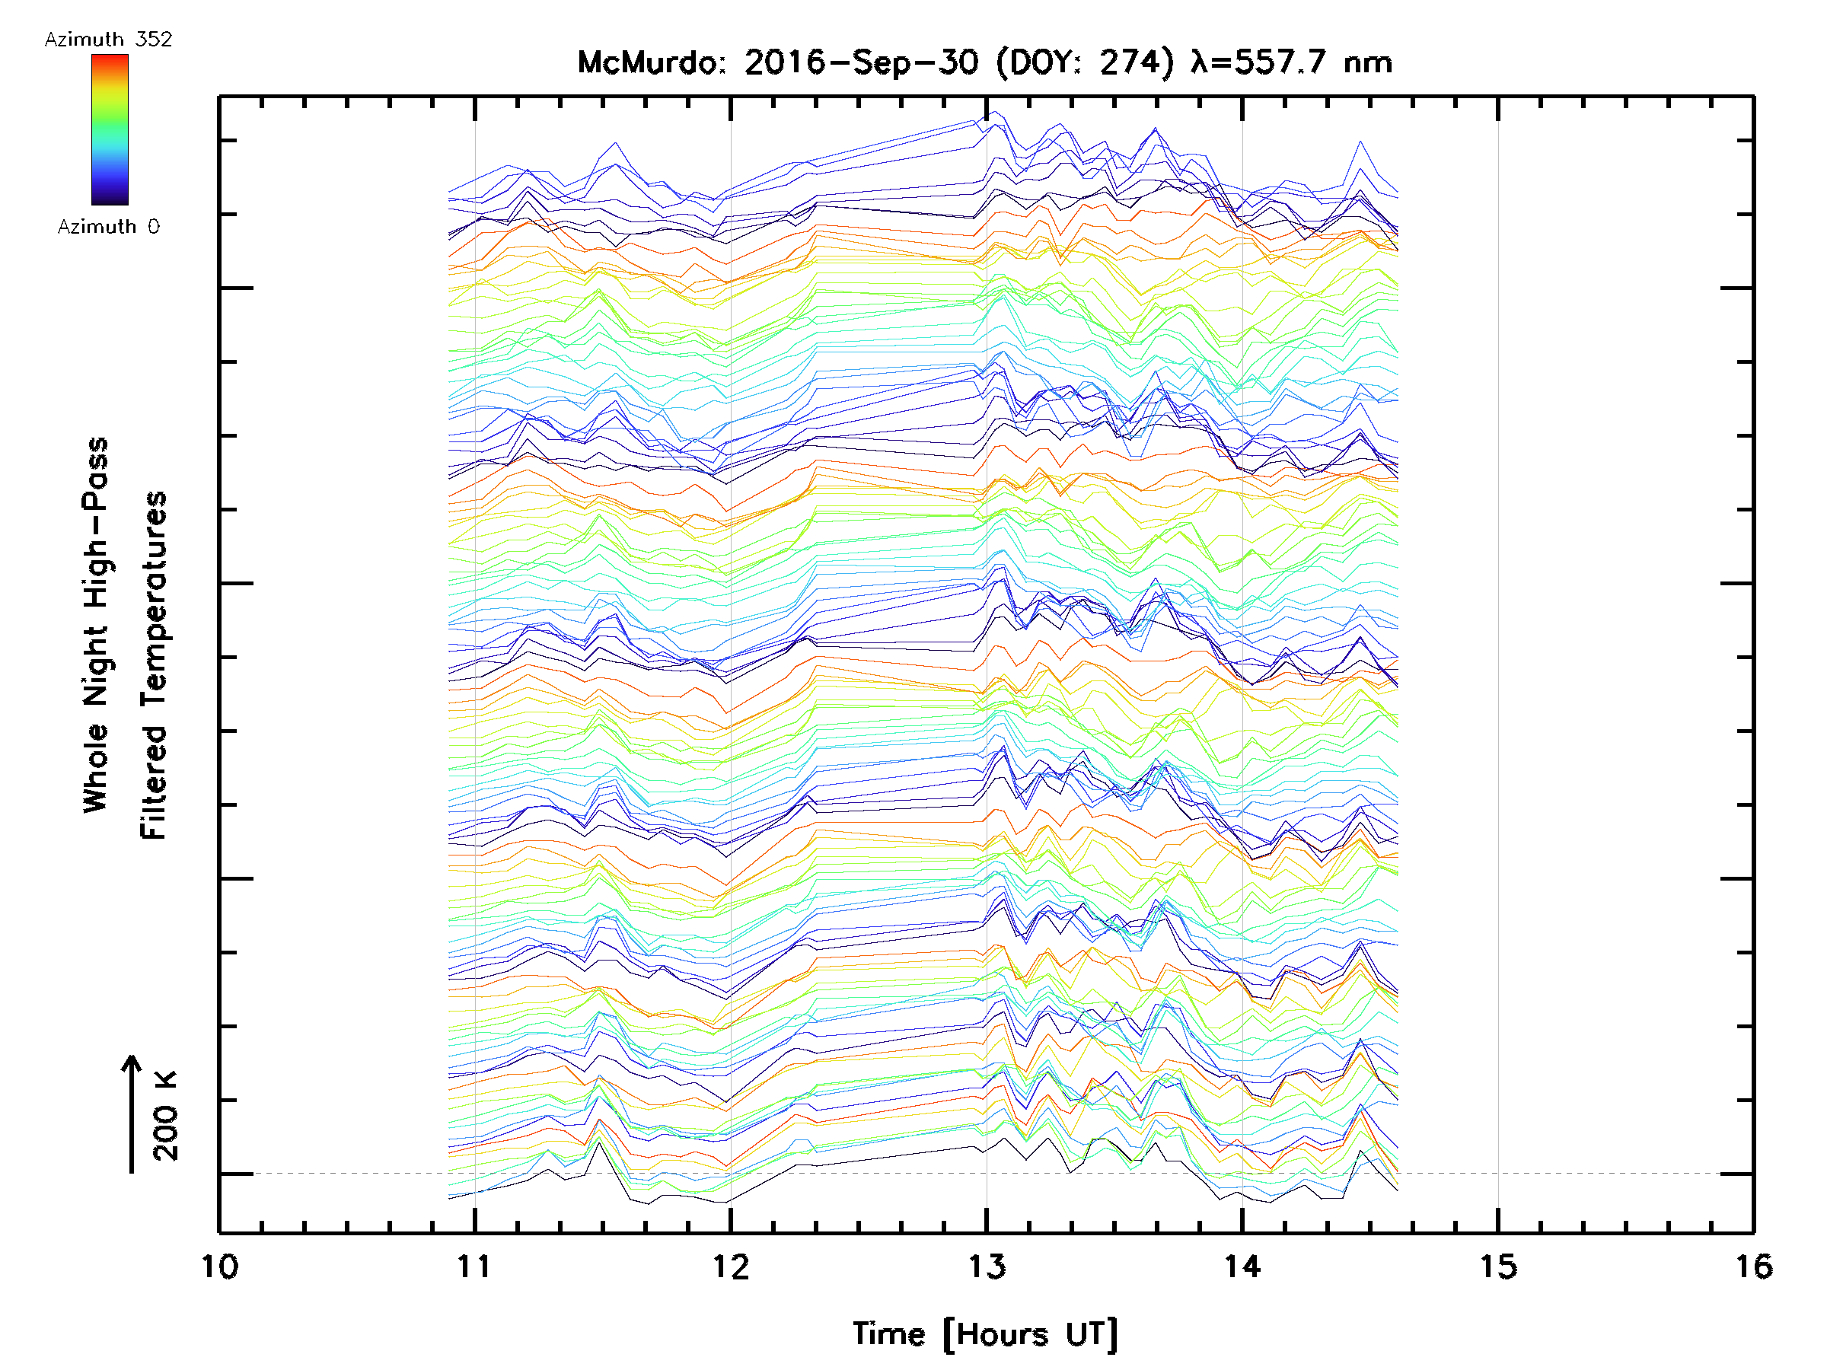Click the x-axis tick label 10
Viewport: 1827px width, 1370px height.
click(x=220, y=1266)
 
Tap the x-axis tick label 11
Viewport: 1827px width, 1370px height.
click(x=475, y=1266)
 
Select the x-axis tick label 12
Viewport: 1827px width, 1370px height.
click(x=731, y=1266)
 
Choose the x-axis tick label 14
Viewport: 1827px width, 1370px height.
click(x=1242, y=1266)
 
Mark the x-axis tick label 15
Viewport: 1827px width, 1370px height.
click(x=1498, y=1266)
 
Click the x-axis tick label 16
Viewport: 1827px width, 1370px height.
click(x=1753, y=1266)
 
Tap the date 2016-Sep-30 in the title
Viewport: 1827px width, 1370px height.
click(x=862, y=62)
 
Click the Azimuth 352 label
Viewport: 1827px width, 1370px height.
click(x=108, y=40)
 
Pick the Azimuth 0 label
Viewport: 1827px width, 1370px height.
click(x=108, y=226)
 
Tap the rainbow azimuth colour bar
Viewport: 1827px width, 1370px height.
click(x=110, y=129)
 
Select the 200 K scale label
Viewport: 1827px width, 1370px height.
click(x=166, y=1115)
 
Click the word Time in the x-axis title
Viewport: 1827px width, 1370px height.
click(x=888, y=1333)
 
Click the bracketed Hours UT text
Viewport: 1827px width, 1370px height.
click(x=1031, y=1334)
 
